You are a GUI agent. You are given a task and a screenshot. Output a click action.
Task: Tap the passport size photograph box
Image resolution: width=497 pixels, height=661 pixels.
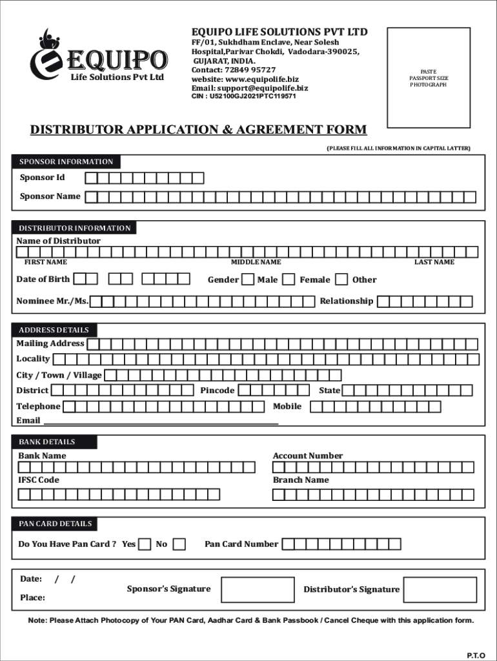point(428,77)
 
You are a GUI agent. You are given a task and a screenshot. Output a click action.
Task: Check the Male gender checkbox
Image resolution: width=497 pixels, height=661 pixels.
point(248,280)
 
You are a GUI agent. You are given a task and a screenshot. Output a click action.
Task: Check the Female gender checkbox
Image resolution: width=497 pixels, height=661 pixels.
point(289,280)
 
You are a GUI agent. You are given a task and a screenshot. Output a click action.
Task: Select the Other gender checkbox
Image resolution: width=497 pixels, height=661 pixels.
point(342,280)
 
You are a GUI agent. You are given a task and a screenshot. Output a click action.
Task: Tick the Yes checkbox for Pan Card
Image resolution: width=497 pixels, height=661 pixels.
point(145,544)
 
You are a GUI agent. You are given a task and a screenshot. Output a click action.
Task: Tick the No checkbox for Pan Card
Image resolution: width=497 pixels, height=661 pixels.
point(179,544)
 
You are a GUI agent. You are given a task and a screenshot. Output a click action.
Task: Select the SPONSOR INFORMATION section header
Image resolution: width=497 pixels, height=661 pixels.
point(66,162)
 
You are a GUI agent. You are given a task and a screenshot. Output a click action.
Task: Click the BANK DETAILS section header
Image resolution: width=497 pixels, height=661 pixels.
point(56,442)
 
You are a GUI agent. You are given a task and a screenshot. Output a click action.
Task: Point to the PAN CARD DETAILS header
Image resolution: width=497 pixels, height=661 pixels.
point(56,524)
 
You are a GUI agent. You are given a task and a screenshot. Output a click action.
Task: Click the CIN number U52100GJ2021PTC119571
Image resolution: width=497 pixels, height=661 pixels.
point(243,96)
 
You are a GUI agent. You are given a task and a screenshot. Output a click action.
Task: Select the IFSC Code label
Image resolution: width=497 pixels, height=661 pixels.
point(39,480)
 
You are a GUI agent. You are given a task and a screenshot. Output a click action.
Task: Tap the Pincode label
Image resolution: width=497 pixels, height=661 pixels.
point(218,391)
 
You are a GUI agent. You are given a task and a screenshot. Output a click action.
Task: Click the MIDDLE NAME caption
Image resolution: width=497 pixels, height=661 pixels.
point(256,262)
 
